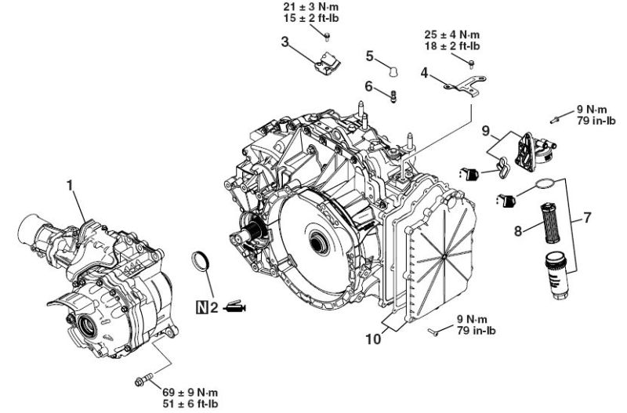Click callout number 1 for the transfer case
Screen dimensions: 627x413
(71, 186)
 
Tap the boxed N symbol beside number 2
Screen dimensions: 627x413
(203, 307)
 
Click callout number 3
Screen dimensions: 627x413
(285, 42)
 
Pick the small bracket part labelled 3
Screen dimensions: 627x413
(327, 64)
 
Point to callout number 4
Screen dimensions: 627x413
(424, 73)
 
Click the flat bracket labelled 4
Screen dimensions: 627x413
(466, 85)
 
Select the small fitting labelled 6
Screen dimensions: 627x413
(393, 96)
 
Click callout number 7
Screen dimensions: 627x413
(587, 218)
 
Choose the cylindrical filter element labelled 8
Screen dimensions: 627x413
(552, 223)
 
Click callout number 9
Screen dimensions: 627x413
(485, 131)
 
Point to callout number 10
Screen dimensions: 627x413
(374, 339)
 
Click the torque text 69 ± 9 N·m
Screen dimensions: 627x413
(190, 392)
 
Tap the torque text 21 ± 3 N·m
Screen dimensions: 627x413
(310, 7)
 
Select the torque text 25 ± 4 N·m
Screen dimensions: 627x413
(452, 34)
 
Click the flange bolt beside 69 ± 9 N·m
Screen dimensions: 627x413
(144, 379)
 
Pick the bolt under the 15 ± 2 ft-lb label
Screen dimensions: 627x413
(327, 36)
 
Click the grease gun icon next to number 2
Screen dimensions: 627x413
(235, 306)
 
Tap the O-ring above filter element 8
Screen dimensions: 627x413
(545, 183)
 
